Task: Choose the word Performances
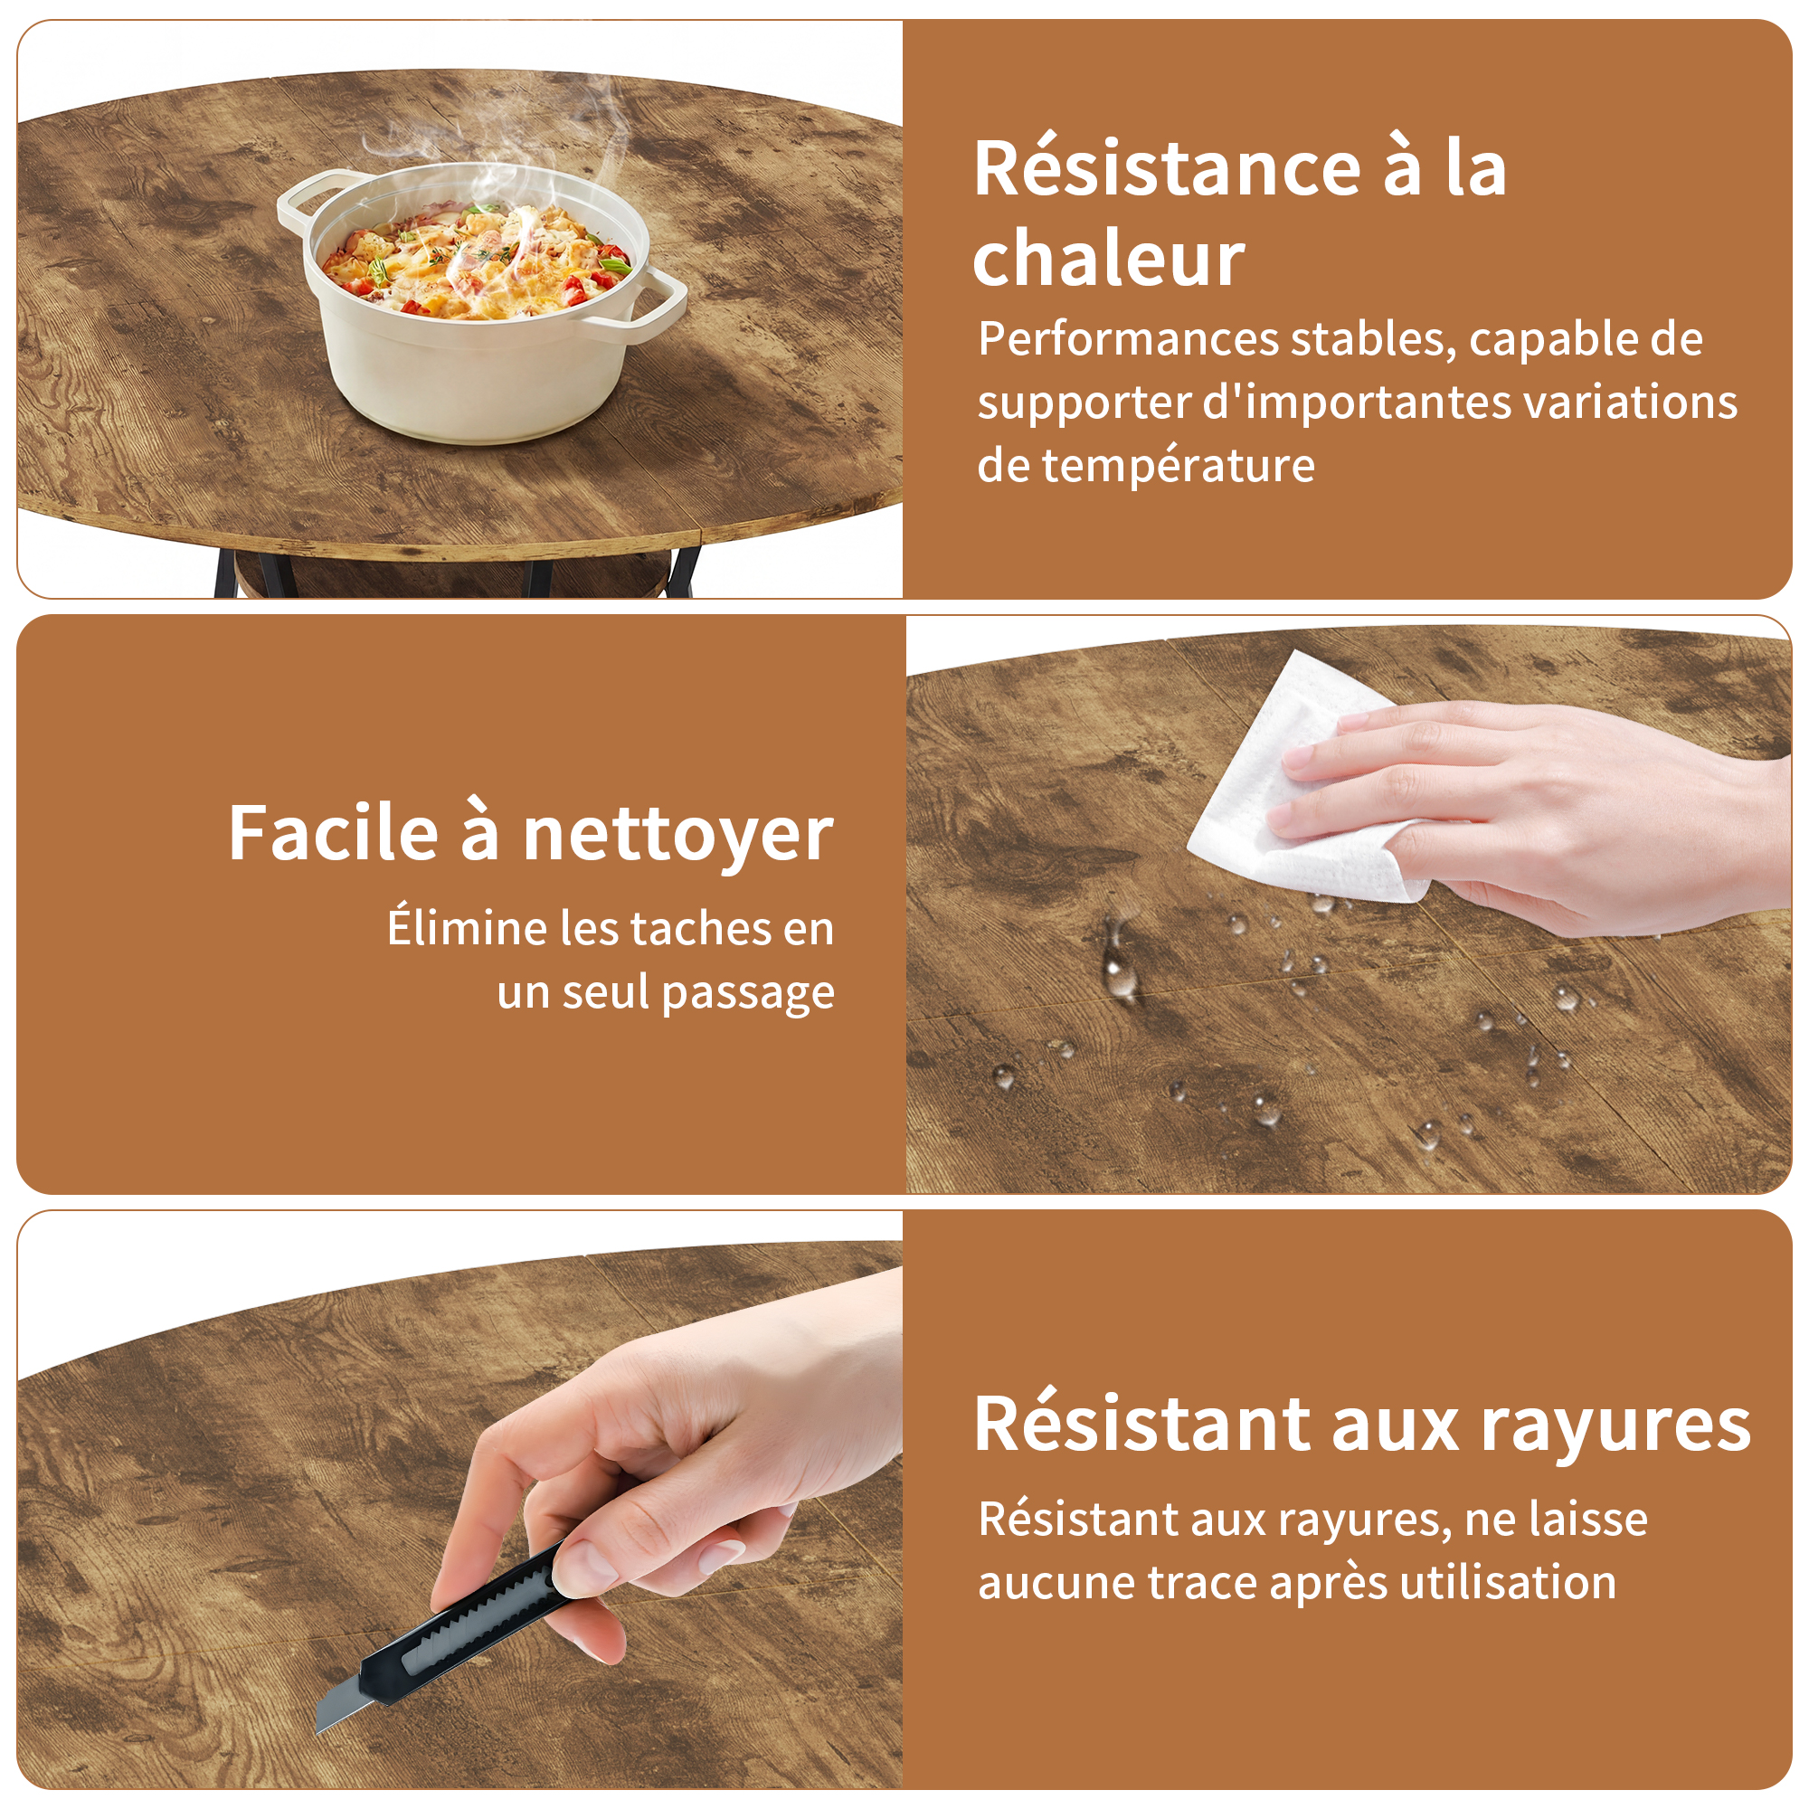tap(1128, 339)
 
